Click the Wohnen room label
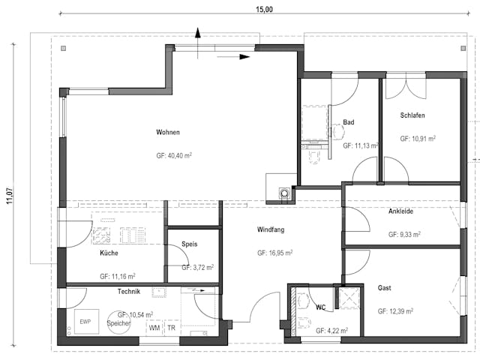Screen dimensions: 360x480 click(x=168, y=133)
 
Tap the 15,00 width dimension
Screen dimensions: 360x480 click(x=264, y=9)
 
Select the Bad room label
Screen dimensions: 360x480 click(x=349, y=122)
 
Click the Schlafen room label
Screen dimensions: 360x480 click(x=412, y=115)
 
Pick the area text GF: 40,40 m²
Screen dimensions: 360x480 click(x=172, y=155)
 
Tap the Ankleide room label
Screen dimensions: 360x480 click(x=403, y=211)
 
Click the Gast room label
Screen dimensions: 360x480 click(x=385, y=288)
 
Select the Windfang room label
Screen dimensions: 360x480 click(x=271, y=229)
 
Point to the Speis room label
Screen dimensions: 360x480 click(x=189, y=244)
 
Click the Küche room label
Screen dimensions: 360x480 click(x=109, y=253)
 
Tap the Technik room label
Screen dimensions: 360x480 click(x=129, y=291)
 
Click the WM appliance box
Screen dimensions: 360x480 click(x=154, y=327)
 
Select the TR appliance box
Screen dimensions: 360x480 click(x=172, y=327)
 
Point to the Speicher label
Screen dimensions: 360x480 click(x=118, y=323)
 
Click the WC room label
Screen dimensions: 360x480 click(x=320, y=307)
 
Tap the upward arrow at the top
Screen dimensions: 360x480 click(x=198, y=34)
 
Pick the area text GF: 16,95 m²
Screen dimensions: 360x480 click(x=272, y=253)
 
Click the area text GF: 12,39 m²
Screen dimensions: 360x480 click(x=398, y=311)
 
